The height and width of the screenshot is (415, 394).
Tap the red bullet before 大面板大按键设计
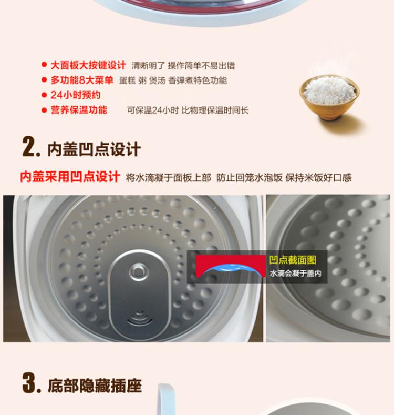(x=44, y=65)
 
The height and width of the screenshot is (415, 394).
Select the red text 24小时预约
(x=76, y=95)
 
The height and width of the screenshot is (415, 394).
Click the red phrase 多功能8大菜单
(x=82, y=80)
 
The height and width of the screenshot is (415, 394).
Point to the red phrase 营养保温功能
(x=79, y=109)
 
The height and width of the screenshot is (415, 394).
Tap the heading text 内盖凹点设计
(x=94, y=149)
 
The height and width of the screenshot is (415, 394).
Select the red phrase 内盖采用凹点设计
(x=70, y=177)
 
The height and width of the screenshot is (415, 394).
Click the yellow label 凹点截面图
(x=293, y=260)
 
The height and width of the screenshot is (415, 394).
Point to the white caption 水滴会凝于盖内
(x=295, y=274)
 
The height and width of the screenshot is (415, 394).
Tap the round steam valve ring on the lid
(x=138, y=271)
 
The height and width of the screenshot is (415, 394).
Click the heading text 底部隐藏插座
(x=95, y=386)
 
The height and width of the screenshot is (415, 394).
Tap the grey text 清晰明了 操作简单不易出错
(x=183, y=66)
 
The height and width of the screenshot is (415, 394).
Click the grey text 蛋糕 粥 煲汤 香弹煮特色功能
(x=173, y=80)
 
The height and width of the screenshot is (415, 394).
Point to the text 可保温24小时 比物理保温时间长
(x=188, y=110)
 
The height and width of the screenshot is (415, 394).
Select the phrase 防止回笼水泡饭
(x=250, y=178)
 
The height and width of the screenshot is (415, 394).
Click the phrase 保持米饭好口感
(x=318, y=178)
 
